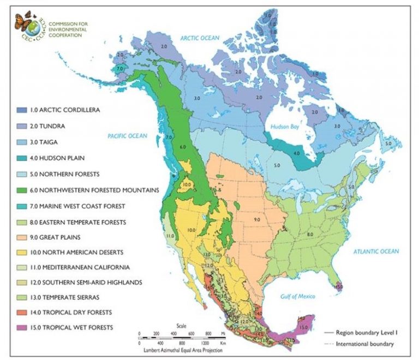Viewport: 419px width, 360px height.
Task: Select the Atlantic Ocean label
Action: tap(376, 251)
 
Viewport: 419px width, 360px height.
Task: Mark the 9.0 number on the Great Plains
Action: tap(255, 219)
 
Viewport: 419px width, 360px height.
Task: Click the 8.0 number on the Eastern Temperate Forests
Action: tap(310, 233)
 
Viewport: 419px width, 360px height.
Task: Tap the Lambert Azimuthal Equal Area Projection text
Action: tap(182, 350)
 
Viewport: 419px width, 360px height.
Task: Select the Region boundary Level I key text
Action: tap(365, 332)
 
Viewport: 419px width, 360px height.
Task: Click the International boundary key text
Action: tap(364, 344)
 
